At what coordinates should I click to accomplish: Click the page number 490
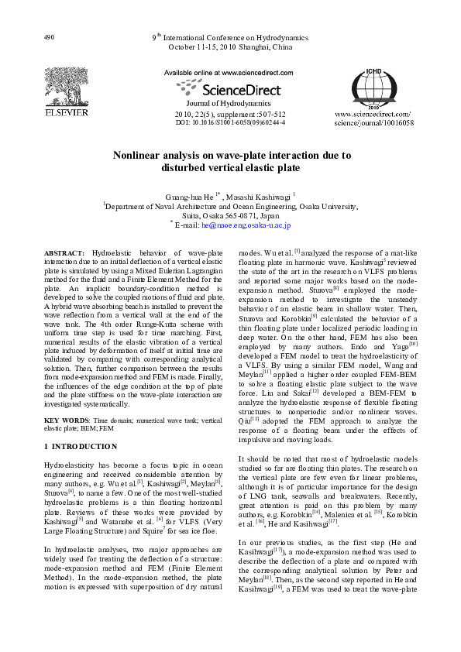tap(49, 37)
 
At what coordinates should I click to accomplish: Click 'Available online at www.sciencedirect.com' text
tap(230, 71)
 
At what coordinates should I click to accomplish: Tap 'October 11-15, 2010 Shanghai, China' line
tap(230, 46)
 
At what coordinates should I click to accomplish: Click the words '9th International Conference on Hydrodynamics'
tap(230, 37)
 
